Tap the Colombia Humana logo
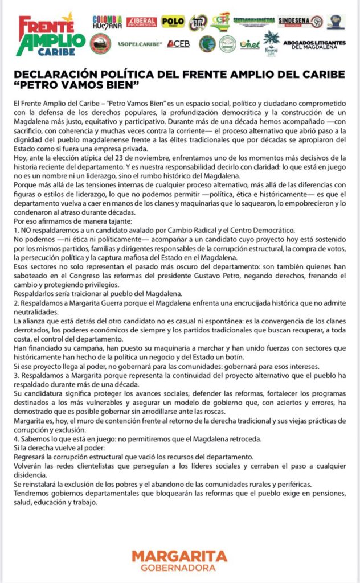107,22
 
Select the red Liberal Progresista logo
141,22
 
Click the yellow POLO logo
173,22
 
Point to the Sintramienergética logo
253,20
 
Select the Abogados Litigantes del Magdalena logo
314,44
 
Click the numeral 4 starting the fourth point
15,439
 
